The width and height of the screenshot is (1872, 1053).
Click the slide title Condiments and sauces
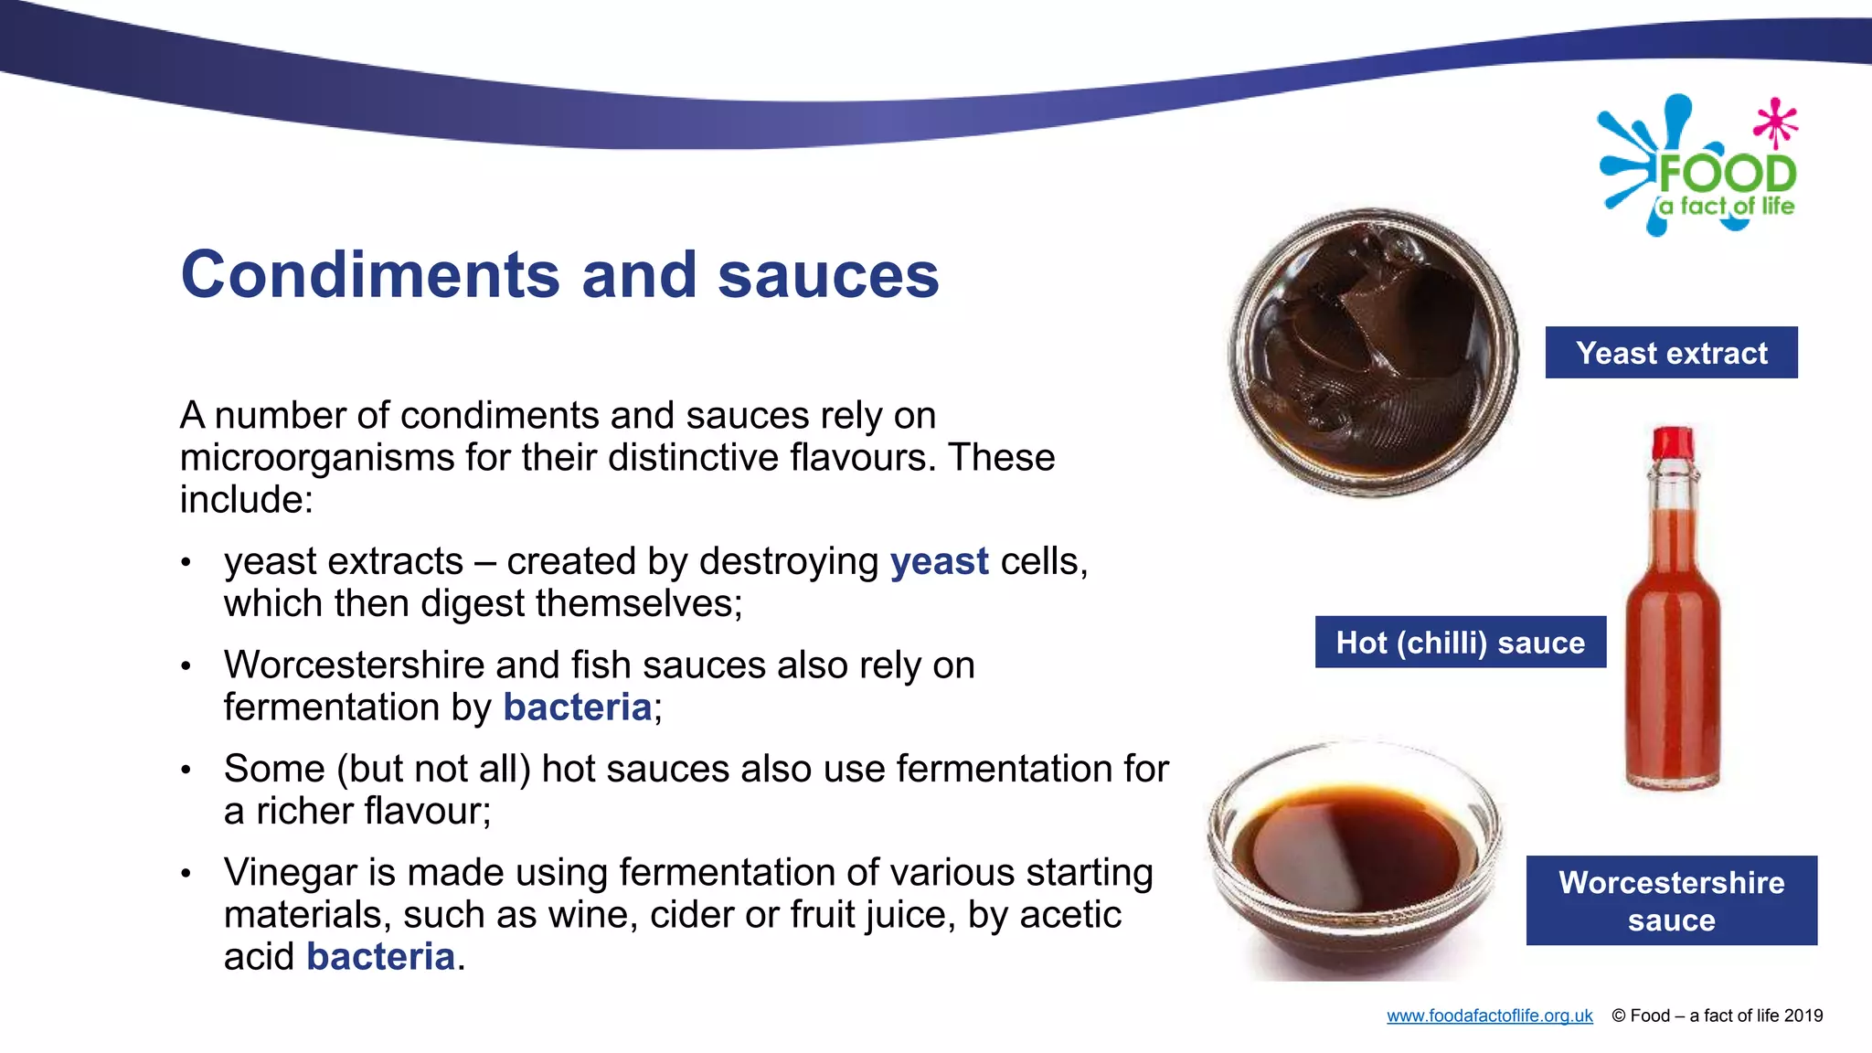pyautogui.click(x=559, y=274)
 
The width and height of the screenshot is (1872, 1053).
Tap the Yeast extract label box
pyautogui.click(x=1671, y=353)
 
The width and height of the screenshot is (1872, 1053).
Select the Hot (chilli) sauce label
pyautogui.click(x=1460, y=643)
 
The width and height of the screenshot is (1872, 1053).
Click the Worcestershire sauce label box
pyautogui.click(x=1671, y=900)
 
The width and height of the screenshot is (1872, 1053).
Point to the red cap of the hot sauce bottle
pyautogui.click(x=1673, y=442)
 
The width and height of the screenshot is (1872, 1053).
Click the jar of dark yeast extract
pyautogui.click(x=1373, y=353)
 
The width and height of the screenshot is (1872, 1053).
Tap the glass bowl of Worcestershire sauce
pyautogui.click(x=1355, y=859)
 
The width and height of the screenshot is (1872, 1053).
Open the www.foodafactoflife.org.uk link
pyautogui.click(x=1489, y=1016)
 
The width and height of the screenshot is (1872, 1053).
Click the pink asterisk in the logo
pyautogui.click(x=1775, y=122)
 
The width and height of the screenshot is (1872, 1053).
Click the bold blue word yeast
pyautogui.click(x=939, y=561)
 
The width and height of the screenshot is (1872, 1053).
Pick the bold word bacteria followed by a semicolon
pyautogui.click(x=577, y=707)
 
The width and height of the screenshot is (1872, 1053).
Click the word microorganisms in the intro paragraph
pyautogui.click(x=316, y=457)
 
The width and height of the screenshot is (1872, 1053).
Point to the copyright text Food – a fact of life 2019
pyautogui.click(x=1718, y=1016)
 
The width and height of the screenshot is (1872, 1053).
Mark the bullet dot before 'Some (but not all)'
pyautogui.click(x=186, y=770)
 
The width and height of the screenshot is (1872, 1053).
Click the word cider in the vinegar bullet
pyautogui.click(x=690, y=914)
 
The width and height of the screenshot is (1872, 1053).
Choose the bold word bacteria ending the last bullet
pyautogui.click(x=380, y=957)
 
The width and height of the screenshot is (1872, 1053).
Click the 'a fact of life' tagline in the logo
pyautogui.click(x=1727, y=207)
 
